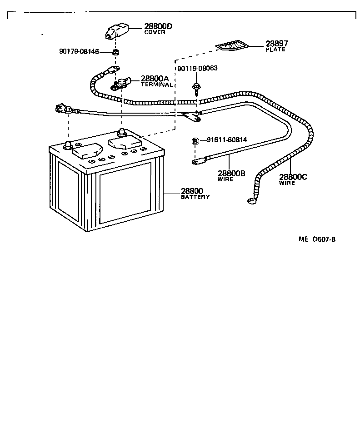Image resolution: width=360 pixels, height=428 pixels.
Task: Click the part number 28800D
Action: (x=158, y=27)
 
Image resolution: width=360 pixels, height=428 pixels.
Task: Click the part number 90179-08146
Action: (x=85, y=51)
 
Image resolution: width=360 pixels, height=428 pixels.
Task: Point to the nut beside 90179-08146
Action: (x=115, y=53)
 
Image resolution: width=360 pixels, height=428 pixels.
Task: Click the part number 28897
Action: (x=276, y=44)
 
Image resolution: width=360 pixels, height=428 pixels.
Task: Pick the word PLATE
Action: (x=275, y=49)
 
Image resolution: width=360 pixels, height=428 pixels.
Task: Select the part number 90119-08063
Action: (x=198, y=68)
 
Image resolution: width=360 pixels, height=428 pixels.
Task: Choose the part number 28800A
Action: (x=155, y=79)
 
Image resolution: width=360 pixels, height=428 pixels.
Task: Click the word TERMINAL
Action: (x=157, y=85)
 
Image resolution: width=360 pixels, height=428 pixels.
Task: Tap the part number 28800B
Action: (x=231, y=174)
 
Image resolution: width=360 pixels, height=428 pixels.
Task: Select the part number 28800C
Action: (x=293, y=177)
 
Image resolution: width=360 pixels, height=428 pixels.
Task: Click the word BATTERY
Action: (x=195, y=197)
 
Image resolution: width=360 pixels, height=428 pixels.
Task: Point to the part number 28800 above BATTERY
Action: (x=192, y=191)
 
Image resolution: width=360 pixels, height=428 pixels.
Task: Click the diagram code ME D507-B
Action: (x=317, y=239)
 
